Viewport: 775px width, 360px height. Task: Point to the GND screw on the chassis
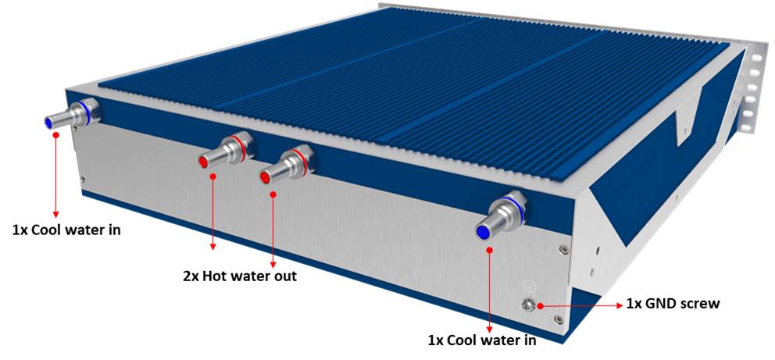[527, 304]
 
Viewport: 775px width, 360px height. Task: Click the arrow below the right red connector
[273, 223]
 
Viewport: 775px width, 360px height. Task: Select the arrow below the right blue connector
[489, 289]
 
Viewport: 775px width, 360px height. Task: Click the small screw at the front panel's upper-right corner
[563, 249]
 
